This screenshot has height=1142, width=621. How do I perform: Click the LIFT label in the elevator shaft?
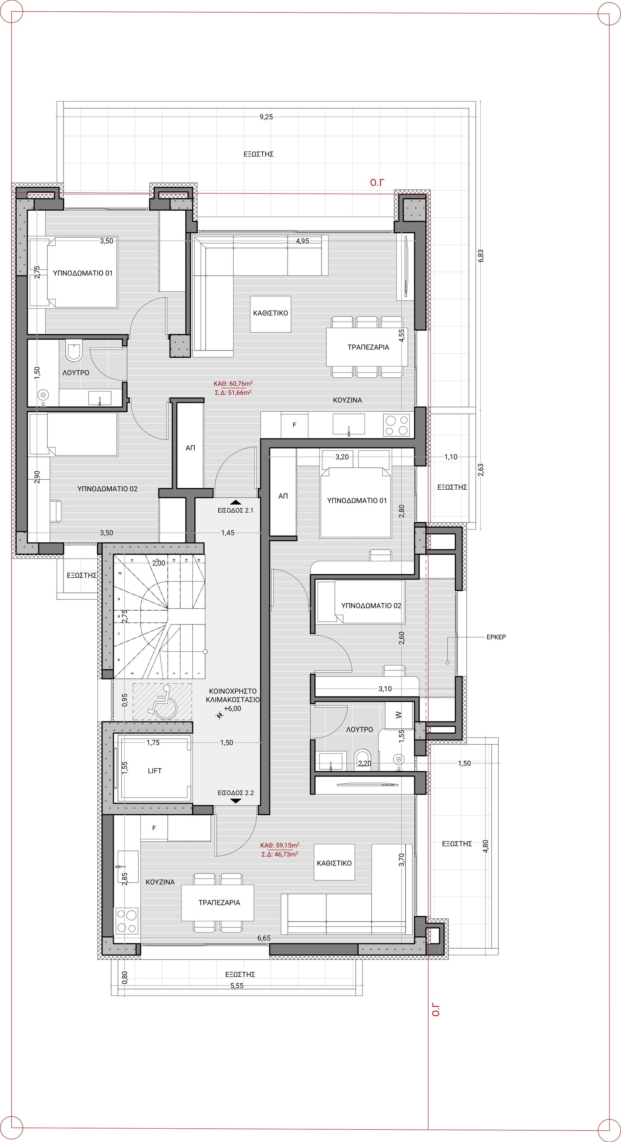pyautogui.click(x=155, y=770)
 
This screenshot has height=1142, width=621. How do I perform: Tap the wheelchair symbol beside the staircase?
pyautogui.click(x=163, y=701)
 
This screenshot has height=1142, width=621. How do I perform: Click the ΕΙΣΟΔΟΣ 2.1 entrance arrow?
pyautogui.click(x=235, y=502)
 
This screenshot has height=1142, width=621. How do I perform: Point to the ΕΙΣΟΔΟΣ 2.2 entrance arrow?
pyautogui.click(x=236, y=801)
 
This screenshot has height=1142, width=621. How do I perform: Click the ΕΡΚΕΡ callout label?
pyautogui.click(x=496, y=637)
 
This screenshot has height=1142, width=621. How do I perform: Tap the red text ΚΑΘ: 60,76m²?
pyautogui.click(x=233, y=384)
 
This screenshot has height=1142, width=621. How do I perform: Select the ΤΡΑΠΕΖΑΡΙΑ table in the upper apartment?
pyautogui.click(x=367, y=347)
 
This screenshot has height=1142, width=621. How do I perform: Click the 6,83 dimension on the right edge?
pyautogui.click(x=481, y=256)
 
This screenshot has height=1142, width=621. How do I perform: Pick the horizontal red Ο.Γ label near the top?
pyautogui.click(x=377, y=182)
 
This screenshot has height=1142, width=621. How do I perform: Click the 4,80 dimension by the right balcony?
pyautogui.click(x=486, y=846)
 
